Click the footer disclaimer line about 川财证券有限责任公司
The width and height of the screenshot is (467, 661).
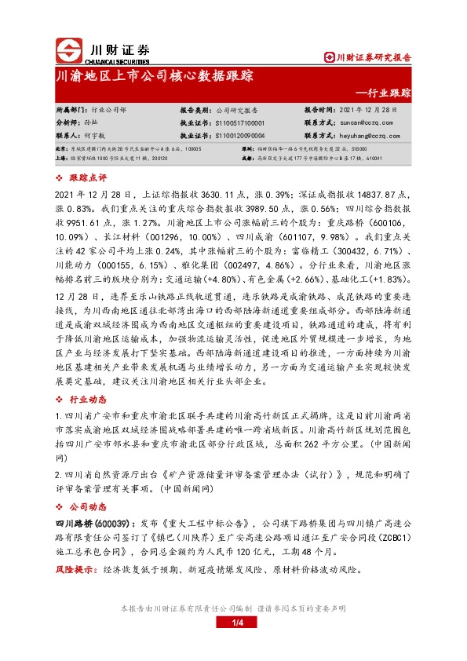pyautogui.click(x=232, y=608)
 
